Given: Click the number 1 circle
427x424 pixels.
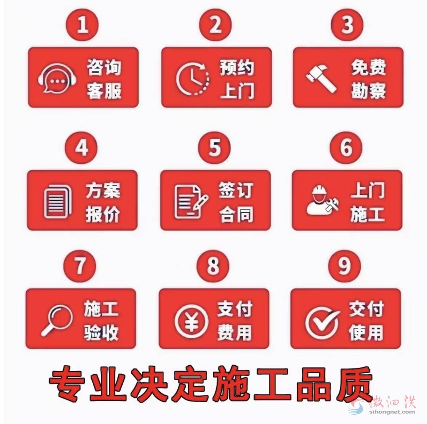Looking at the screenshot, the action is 82,25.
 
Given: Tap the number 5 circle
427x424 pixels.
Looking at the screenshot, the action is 214,148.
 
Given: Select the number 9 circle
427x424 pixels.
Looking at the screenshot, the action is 345,266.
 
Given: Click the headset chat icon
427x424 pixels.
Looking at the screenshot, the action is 57,78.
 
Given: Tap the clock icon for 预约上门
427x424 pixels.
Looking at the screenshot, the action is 193,79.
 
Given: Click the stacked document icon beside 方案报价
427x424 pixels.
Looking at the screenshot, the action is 57,201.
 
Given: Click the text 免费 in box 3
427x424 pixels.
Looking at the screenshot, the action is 369,68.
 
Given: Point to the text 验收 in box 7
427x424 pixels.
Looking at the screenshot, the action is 101,332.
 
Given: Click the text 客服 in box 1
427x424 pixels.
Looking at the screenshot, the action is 104,91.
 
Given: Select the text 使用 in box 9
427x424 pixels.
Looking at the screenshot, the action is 366,332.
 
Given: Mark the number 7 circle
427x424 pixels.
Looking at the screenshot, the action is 80,266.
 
